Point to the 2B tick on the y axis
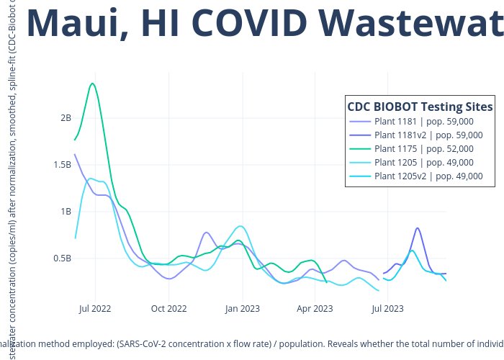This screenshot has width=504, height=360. coord(66,118)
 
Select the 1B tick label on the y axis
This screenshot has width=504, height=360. coord(66,212)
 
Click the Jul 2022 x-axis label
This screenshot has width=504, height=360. coord(95,309)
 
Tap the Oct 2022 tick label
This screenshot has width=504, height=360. coord(168,309)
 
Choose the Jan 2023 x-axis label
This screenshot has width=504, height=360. coord(242,309)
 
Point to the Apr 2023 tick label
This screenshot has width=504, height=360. coord(315,309)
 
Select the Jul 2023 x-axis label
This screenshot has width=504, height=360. coord(387,309)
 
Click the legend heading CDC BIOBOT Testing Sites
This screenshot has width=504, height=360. coord(420,107)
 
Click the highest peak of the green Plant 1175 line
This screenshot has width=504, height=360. coord(93,84)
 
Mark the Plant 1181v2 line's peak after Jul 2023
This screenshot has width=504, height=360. coord(418,228)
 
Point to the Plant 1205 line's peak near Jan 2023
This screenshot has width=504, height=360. coord(242,226)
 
